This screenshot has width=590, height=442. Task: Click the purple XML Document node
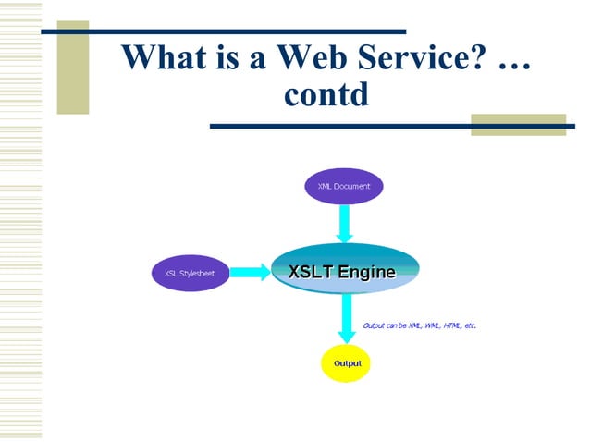click(x=344, y=186)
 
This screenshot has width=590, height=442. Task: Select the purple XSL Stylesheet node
click(x=190, y=273)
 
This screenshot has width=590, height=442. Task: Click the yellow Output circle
click(x=347, y=363)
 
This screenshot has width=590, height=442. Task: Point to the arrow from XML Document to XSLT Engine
click(x=344, y=223)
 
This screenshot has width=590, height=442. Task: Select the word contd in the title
click(x=328, y=93)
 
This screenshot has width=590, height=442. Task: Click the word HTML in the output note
click(x=453, y=325)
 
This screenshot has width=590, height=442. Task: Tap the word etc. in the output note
click(x=471, y=325)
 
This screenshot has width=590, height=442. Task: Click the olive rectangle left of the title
click(x=73, y=69)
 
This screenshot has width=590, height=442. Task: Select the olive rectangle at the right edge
click(x=518, y=124)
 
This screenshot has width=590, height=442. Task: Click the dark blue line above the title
click(x=223, y=31)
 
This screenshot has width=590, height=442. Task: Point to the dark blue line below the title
click(x=388, y=125)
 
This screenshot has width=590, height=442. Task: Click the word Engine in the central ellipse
click(x=366, y=271)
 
